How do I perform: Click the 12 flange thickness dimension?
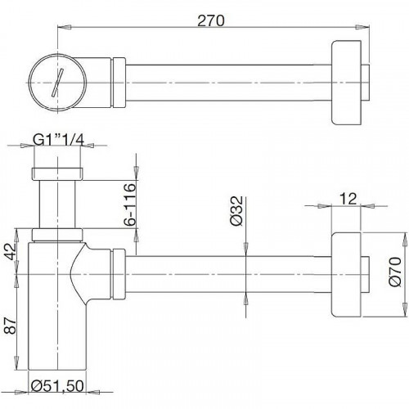348,198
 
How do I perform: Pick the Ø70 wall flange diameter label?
396,270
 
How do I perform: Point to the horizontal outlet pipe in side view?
229,269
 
